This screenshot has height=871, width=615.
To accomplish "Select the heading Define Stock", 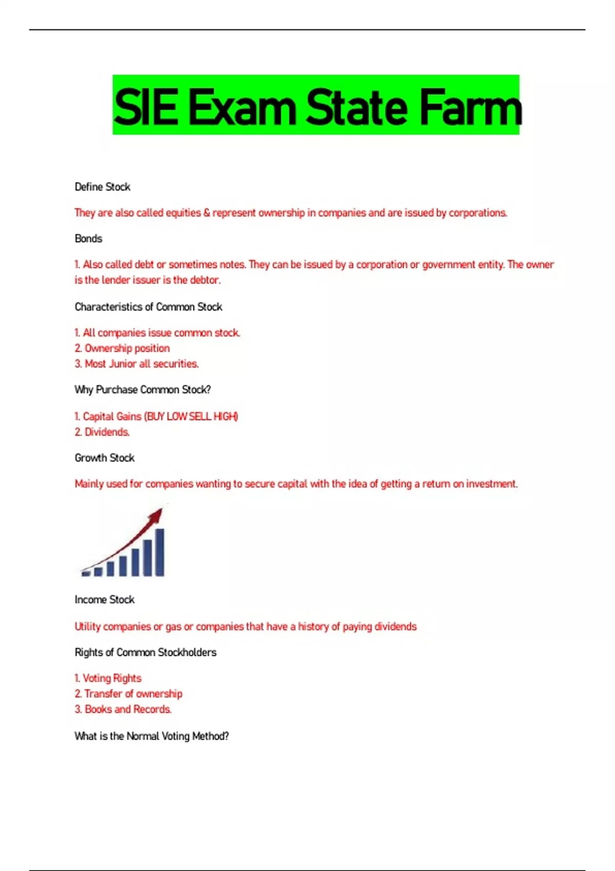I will [x=102, y=187].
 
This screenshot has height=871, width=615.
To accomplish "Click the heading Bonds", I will [x=88, y=239].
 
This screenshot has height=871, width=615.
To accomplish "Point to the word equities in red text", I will [x=183, y=213].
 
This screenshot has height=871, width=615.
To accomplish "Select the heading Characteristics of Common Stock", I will [x=148, y=307].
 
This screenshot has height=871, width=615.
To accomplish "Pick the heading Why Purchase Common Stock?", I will [x=142, y=390].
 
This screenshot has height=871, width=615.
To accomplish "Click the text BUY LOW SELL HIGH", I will [x=191, y=417].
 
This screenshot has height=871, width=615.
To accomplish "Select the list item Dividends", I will [x=107, y=432].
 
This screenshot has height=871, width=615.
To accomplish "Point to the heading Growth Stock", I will [x=105, y=458].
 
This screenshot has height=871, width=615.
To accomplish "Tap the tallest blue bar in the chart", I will [x=159, y=552].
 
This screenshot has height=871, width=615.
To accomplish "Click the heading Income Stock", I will [x=105, y=600].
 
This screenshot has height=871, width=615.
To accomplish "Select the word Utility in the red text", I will [x=87, y=627].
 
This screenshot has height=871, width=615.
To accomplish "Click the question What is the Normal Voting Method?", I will [x=152, y=736].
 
